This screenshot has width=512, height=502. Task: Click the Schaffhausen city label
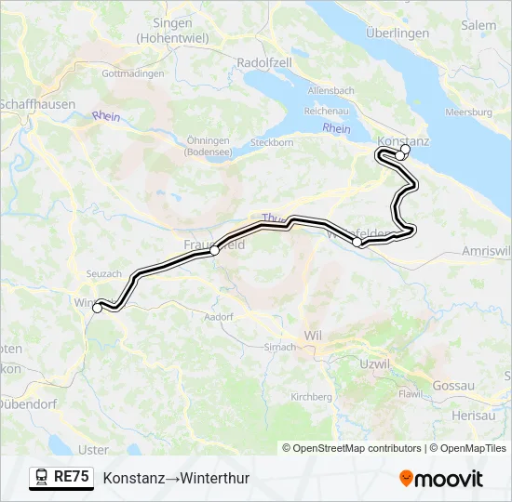click(37, 104)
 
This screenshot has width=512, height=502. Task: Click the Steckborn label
click(272, 143)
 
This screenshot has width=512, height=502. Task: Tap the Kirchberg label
click(311, 396)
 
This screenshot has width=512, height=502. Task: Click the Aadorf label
click(218, 317)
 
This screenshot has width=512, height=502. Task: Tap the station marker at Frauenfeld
click(215, 250)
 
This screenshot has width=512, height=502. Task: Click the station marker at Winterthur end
click(97, 308)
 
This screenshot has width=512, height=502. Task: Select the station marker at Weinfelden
click(357, 242)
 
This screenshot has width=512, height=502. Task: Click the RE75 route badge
click(61, 478)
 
